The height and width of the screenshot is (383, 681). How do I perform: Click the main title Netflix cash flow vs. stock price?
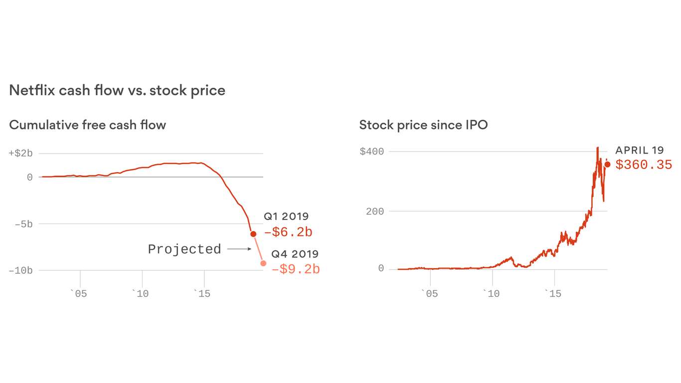coord(117,90)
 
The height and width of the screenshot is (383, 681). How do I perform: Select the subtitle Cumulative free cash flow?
coord(87,125)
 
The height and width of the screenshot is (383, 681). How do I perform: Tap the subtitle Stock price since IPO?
coord(423,125)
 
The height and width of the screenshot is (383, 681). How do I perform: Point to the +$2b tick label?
coord(21,153)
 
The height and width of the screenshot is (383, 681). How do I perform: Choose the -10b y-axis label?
coord(20,270)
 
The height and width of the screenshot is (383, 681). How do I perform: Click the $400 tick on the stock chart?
coord(371,151)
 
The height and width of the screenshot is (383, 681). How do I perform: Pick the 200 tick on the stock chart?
coord(374,211)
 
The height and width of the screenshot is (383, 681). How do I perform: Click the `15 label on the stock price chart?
coord(552,294)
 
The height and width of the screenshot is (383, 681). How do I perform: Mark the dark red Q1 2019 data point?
coord(253,234)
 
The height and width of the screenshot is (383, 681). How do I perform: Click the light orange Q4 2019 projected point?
coord(263,263)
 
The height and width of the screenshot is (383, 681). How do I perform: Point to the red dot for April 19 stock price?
coord(607,164)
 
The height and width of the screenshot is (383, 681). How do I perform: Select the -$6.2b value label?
coord(288,232)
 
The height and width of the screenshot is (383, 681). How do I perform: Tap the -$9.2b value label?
coord(296,269)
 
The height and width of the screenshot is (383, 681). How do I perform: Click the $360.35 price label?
coord(644,165)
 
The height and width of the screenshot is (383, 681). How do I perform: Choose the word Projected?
coord(184,249)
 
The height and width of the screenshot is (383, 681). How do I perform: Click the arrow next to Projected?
coord(239,249)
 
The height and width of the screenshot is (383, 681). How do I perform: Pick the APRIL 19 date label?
coord(640,150)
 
